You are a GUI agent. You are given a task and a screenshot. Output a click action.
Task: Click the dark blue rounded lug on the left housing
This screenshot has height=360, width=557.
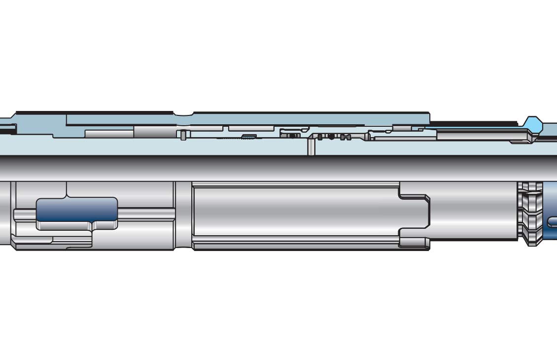(77, 212)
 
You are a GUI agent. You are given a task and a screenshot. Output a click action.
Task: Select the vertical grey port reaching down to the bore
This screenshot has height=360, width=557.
(311, 146)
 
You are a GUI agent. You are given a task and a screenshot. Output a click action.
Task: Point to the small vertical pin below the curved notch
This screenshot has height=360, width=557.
(183, 135)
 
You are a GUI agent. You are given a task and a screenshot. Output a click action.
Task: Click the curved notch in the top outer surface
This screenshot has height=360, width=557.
(183, 114)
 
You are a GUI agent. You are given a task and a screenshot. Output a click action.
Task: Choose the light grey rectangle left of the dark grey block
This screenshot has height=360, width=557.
(109, 133)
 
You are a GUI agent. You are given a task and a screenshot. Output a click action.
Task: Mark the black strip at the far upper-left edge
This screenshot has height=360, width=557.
(7, 130)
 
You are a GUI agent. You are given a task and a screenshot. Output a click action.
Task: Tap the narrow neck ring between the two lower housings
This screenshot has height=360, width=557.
(183, 216)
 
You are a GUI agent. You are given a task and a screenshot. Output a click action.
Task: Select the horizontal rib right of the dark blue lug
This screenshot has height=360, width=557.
(146, 214)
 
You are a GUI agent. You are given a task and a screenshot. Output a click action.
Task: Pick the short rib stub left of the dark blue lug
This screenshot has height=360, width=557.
(25, 215)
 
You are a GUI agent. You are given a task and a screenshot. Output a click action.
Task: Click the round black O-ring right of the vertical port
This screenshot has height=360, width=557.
(331, 136)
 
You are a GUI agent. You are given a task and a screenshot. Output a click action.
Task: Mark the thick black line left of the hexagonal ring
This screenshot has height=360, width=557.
(473, 122)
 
